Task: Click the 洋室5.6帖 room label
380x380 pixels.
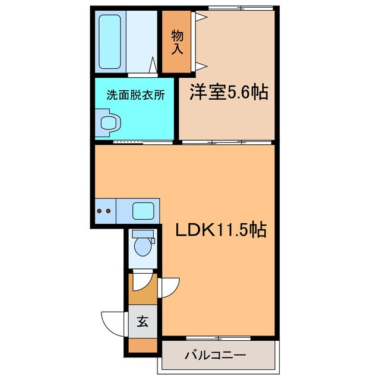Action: [229, 93]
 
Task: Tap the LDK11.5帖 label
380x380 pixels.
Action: [220, 229]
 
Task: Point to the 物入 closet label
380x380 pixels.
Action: [177, 43]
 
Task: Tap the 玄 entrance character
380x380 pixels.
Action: [142, 322]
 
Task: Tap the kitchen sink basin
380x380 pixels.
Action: [142, 210]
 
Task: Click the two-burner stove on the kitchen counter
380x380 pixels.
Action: [104, 210]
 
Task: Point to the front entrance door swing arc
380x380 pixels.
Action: [113, 322]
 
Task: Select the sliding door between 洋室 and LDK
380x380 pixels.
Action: [226, 142]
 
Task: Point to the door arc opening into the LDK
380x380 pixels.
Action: [169, 287]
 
